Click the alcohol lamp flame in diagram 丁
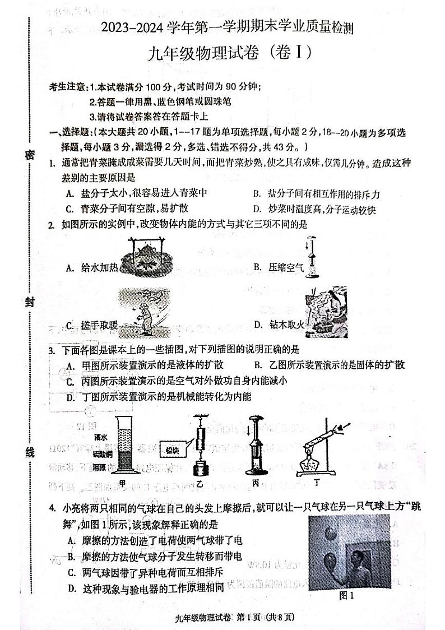pos(311,463)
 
